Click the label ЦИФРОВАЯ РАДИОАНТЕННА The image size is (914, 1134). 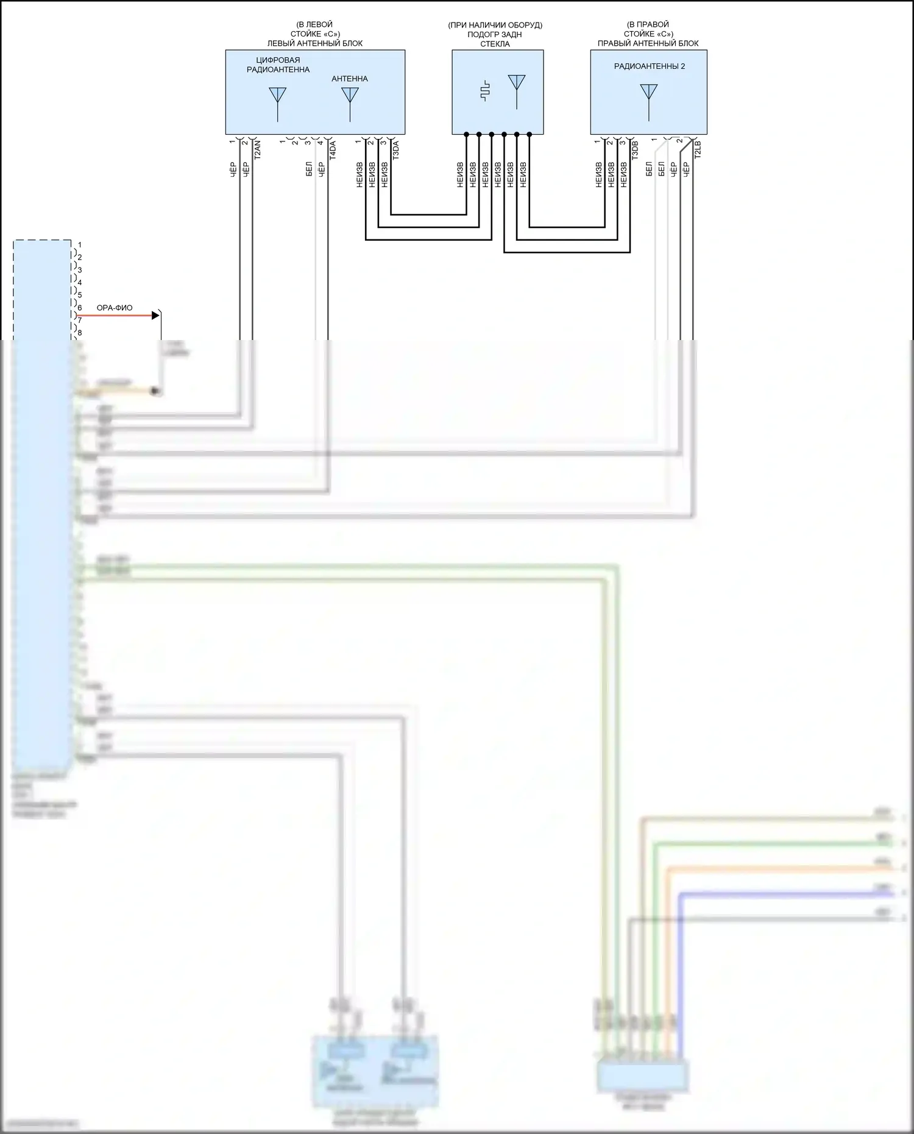click(278, 65)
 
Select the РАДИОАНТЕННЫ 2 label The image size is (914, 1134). click(649, 66)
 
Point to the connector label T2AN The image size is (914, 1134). click(257, 150)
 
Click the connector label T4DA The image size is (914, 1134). click(333, 150)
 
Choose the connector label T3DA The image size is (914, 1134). click(396, 150)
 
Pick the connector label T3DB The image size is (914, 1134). click(635, 150)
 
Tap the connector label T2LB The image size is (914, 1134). click(698, 150)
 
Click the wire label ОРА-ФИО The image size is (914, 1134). click(115, 308)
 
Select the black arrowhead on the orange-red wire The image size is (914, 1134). click(155, 316)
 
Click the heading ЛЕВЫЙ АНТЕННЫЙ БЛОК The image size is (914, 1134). click(315, 43)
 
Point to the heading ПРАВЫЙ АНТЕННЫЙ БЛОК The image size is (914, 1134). click(648, 43)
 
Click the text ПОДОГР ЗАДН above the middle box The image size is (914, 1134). click(495, 34)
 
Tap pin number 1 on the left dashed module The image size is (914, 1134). click(80, 245)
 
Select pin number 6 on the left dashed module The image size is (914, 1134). click(80, 308)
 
